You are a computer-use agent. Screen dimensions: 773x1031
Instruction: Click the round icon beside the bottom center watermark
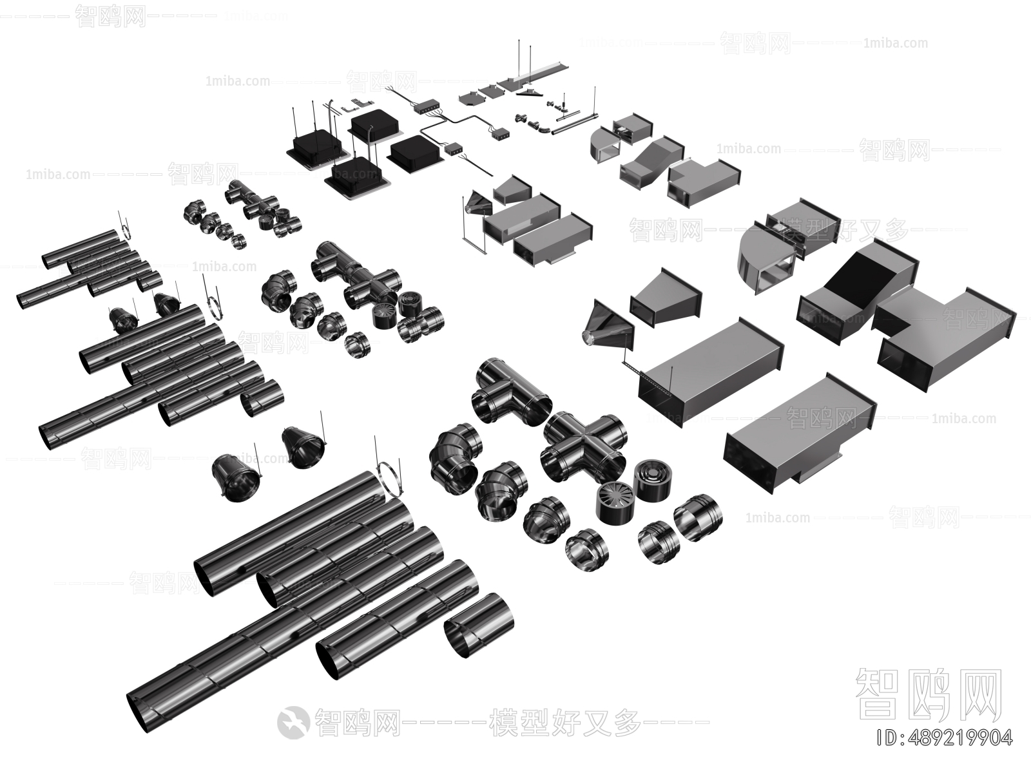click(293, 722)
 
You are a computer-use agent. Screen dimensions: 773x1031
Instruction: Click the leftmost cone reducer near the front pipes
click(236, 475)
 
